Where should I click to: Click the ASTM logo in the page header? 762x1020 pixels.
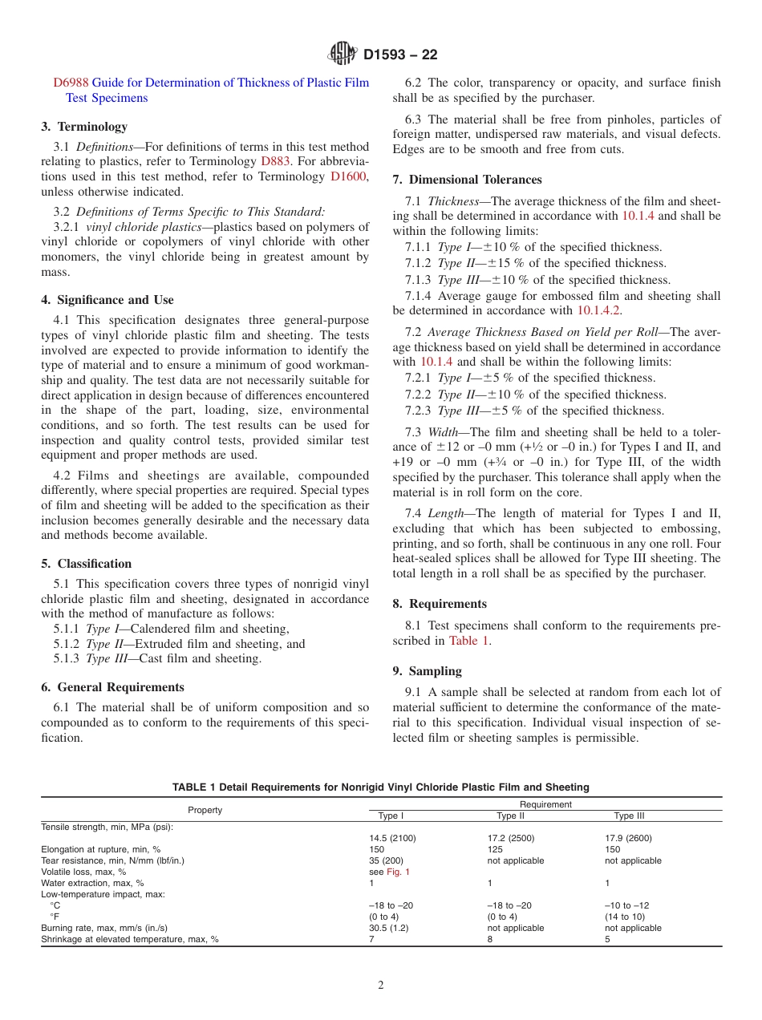342,55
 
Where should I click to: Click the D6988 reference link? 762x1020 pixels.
71,83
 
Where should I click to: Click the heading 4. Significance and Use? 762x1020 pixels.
107,300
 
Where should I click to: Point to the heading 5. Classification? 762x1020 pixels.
87,564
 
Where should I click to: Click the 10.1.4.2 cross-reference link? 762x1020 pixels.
599,310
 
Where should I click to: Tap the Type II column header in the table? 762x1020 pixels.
510,816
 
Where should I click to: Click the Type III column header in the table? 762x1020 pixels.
629,816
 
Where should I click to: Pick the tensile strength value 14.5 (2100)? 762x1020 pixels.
392,838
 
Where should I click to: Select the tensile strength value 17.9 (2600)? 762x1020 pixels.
628,838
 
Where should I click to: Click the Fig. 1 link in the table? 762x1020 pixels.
398,872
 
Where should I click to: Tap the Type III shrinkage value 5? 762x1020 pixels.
607,939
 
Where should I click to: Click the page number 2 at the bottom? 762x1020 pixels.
381,986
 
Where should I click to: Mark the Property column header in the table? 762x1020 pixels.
205,810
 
